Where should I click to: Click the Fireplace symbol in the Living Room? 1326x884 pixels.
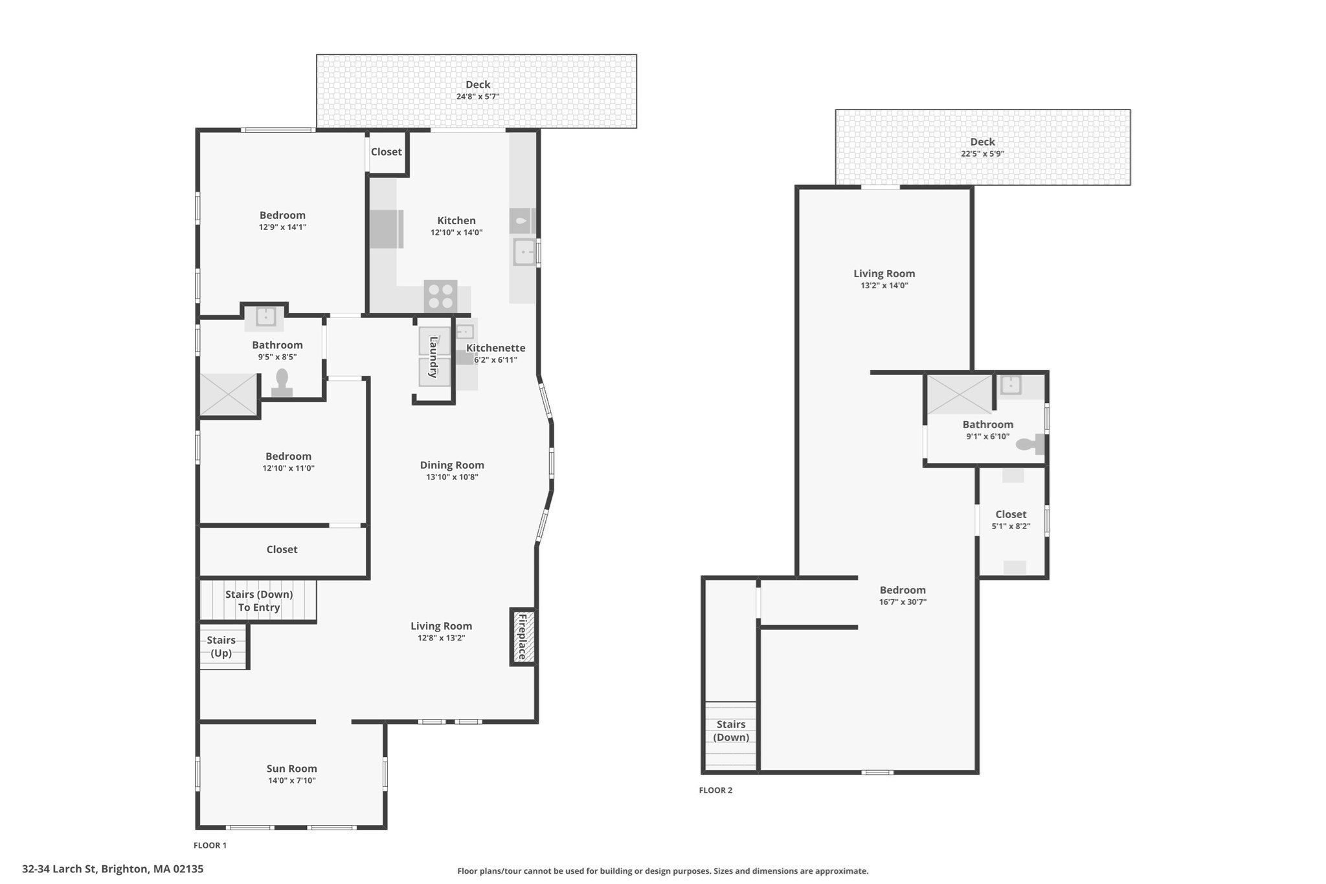point(523,637)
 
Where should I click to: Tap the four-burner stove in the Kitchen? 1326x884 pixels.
point(440,297)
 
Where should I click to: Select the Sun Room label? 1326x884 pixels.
point(291,768)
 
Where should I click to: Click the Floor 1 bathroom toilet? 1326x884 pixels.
point(282,382)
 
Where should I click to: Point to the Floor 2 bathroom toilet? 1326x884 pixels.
point(1029,444)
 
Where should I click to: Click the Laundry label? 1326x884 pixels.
point(434,357)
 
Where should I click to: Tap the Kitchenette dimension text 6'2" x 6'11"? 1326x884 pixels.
point(495,360)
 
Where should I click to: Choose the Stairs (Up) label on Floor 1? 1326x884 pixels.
point(221,646)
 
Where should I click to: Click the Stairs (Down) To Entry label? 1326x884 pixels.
point(258,600)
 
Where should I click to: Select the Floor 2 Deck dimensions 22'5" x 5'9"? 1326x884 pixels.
point(982,154)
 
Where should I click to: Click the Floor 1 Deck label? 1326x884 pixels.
point(478,84)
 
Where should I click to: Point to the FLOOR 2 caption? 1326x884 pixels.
point(715,790)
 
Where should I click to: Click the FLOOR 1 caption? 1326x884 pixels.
point(210,845)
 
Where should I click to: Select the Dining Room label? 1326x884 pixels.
point(452,464)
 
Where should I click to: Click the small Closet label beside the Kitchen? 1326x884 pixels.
point(386,152)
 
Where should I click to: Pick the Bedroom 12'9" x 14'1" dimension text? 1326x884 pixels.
point(282,227)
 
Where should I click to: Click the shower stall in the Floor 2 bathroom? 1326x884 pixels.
point(960,394)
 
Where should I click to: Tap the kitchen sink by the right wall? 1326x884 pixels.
point(524,252)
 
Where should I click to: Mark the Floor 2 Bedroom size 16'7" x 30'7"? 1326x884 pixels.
point(903,602)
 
